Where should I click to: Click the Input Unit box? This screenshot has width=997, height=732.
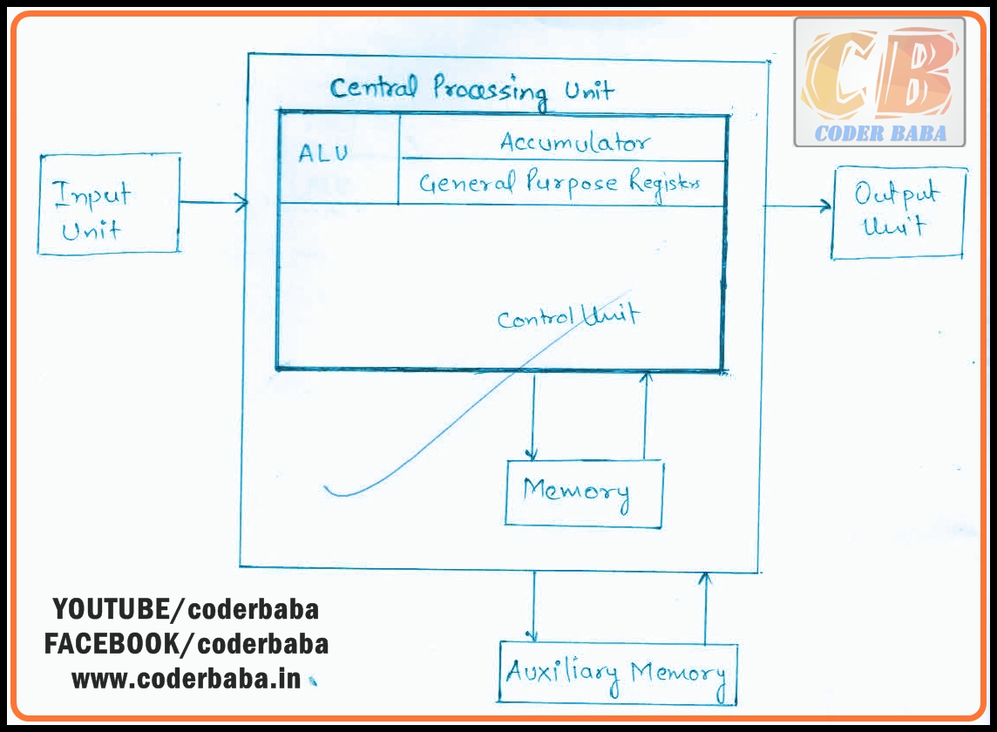pyautogui.click(x=109, y=205)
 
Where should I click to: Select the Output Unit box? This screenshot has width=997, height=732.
pyautogui.click(x=899, y=213)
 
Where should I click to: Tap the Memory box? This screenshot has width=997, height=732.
pyautogui.click(x=583, y=493)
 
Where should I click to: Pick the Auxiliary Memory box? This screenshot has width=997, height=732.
pyautogui.click(x=618, y=674)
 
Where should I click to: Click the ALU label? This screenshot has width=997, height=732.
pyautogui.click(x=323, y=153)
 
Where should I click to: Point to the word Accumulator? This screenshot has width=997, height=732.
pyautogui.click(x=574, y=141)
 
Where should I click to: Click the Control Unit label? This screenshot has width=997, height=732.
pyautogui.click(x=567, y=316)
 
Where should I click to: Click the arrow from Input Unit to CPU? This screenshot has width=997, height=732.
pyautogui.click(x=214, y=204)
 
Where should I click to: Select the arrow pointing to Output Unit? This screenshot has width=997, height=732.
pyautogui.click(x=797, y=207)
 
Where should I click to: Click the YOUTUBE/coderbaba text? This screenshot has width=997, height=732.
pyautogui.click(x=186, y=609)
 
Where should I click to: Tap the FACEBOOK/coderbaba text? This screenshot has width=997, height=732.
pyautogui.click(x=187, y=644)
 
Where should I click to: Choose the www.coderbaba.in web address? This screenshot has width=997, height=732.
pyautogui.click(x=186, y=679)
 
